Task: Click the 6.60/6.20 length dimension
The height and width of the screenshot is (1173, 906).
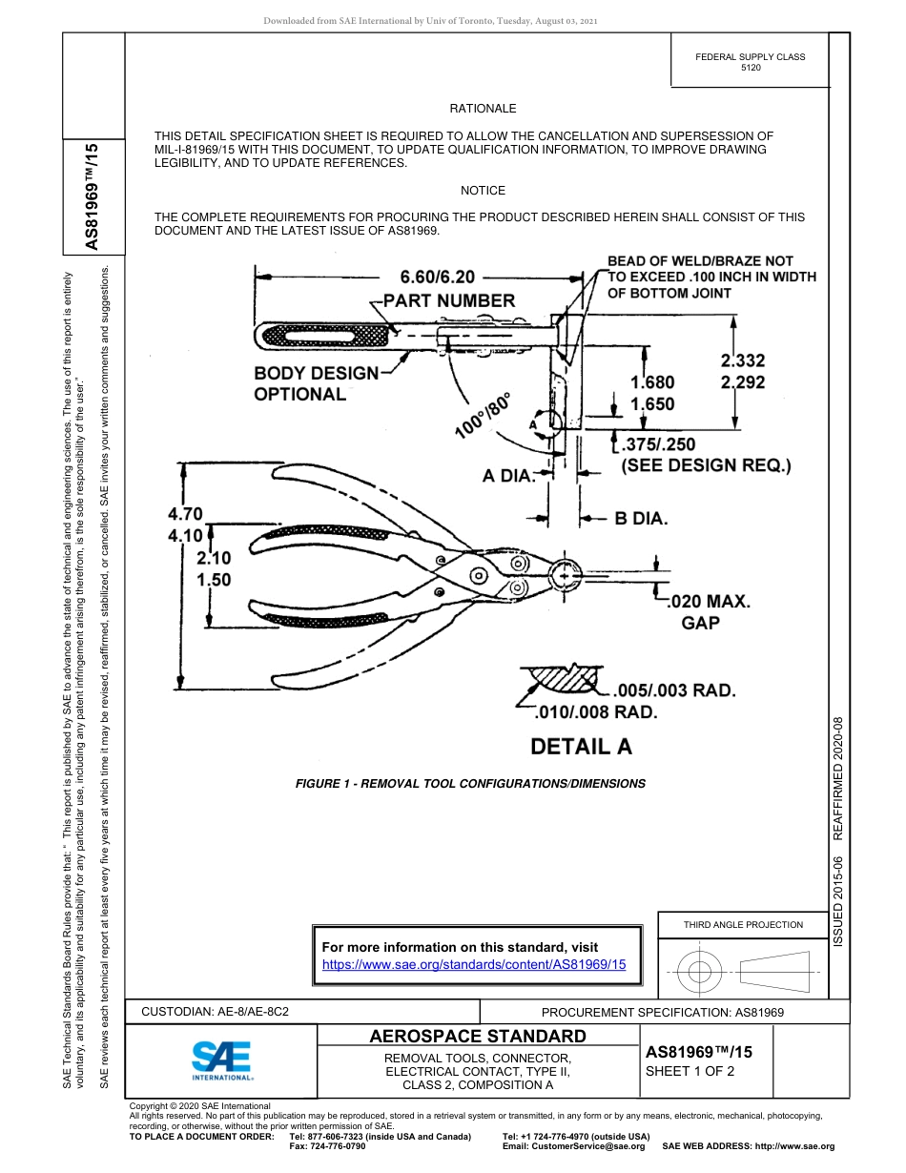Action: click(x=438, y=278)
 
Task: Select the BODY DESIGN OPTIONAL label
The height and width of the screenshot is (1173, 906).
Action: click(x=316, y=383)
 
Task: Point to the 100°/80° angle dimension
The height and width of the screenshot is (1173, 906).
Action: click(x=484, y=415)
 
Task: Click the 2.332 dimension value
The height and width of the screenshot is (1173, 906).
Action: click(x=742, y=360)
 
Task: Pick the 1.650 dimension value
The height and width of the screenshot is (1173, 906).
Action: click(x=652, y=403)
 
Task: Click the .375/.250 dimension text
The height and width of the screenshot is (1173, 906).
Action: click(x=658, y=444)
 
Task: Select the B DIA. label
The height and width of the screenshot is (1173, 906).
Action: click(x=641, y=520)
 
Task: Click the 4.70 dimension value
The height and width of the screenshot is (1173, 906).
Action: click(x=185, y=514)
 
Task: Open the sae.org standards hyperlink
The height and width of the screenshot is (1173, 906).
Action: click(x=474, y=964)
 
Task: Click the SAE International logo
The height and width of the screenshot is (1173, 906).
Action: click(x=221, y=1060)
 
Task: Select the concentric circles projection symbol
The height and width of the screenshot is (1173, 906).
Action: click(x=700, y=973)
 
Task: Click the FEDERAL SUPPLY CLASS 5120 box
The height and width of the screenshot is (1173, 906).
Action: click(x=750, y=63)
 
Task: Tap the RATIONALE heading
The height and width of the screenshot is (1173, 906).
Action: click(x=483, y=110)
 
